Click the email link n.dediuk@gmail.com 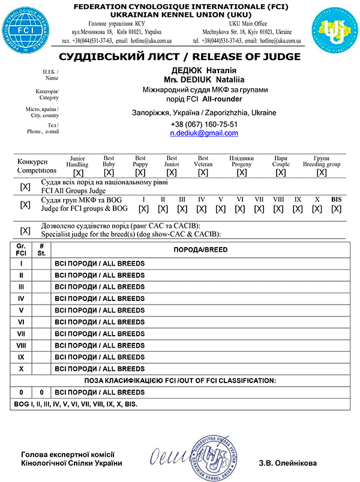point(204,133)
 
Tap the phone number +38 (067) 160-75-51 point(204,124)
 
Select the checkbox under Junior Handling point(78,172)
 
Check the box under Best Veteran point(203,172)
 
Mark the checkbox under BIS point(336,209)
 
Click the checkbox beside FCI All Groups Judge point(25,186)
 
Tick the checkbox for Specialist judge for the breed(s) point(25,230)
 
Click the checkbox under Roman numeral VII point(259,209)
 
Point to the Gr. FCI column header point(21,249)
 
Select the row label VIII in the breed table point(21,345)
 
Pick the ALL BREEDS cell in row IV point(100,297)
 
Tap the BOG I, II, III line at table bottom point(75,405)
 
